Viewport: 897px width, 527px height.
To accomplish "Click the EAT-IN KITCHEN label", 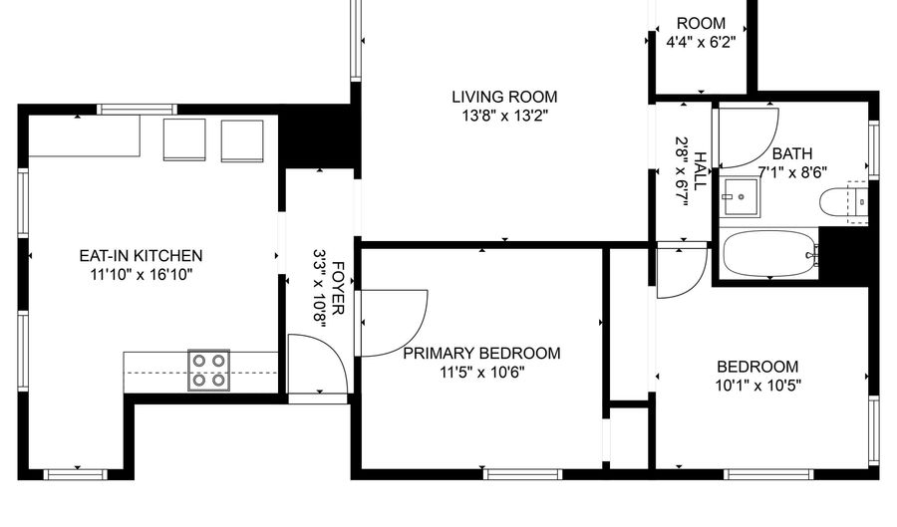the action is pos(141,255).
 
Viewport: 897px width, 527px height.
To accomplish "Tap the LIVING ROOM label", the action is pos(504,97).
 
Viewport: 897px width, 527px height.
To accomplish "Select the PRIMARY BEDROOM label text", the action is pos(481,354).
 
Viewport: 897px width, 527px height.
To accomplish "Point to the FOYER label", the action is pos(338,288).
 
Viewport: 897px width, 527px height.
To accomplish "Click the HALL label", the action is pos(699,171).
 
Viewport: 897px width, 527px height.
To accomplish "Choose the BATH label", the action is pos(792,153).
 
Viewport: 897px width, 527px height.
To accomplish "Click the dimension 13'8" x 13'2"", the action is pos(505,116).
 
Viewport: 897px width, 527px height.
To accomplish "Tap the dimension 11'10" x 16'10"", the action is pos(141,275).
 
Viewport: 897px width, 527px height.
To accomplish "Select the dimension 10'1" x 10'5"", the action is pos(758,386).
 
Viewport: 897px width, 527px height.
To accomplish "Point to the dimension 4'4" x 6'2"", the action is pos(701,42).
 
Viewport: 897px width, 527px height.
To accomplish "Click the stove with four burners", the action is pos(209,371).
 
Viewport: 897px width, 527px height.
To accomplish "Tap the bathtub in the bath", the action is pos(768,254).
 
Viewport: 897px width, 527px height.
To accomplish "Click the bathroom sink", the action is pos(741,197).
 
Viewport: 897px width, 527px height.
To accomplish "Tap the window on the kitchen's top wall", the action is pos(137,110).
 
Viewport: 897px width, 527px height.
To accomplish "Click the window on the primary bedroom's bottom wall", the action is pos(523,474).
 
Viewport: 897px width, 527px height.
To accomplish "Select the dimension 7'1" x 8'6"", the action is pos(792,172).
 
